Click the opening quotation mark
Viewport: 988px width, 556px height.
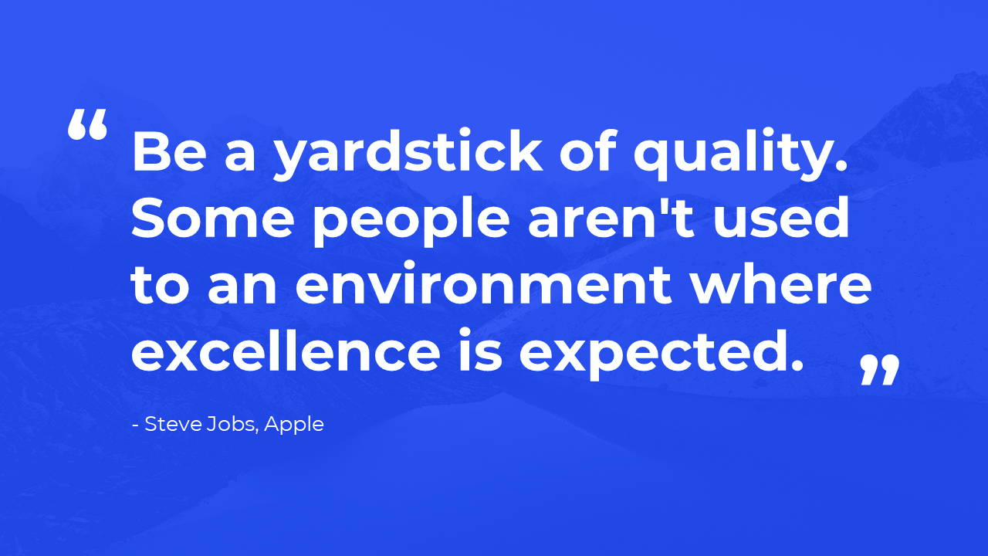[87, 124]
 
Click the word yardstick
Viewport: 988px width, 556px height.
[408, 153]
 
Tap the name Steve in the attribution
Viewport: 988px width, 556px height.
[174, 424]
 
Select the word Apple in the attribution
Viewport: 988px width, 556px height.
[294, 425]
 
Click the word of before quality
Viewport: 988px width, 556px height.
[588, 150]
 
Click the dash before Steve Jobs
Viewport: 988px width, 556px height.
[136, 425]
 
